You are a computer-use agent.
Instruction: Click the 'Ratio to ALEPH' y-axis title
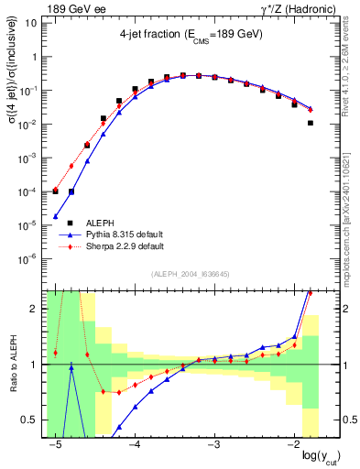click(x=11, y=364)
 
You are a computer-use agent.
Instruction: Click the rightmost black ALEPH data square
click(x=311, y=123)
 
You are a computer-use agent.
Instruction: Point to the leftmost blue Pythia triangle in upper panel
click(x=56, y=217)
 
